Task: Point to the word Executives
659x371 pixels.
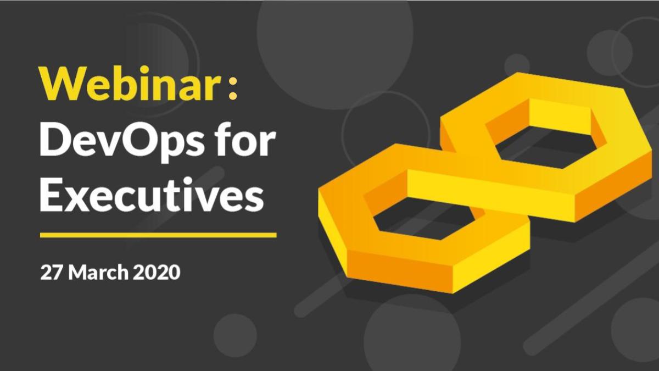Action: pos(150,196)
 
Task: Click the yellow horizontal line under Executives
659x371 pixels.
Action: pos(158,235)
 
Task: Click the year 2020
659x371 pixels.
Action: pos(157,272)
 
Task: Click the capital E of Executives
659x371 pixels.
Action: pos(53,196)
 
